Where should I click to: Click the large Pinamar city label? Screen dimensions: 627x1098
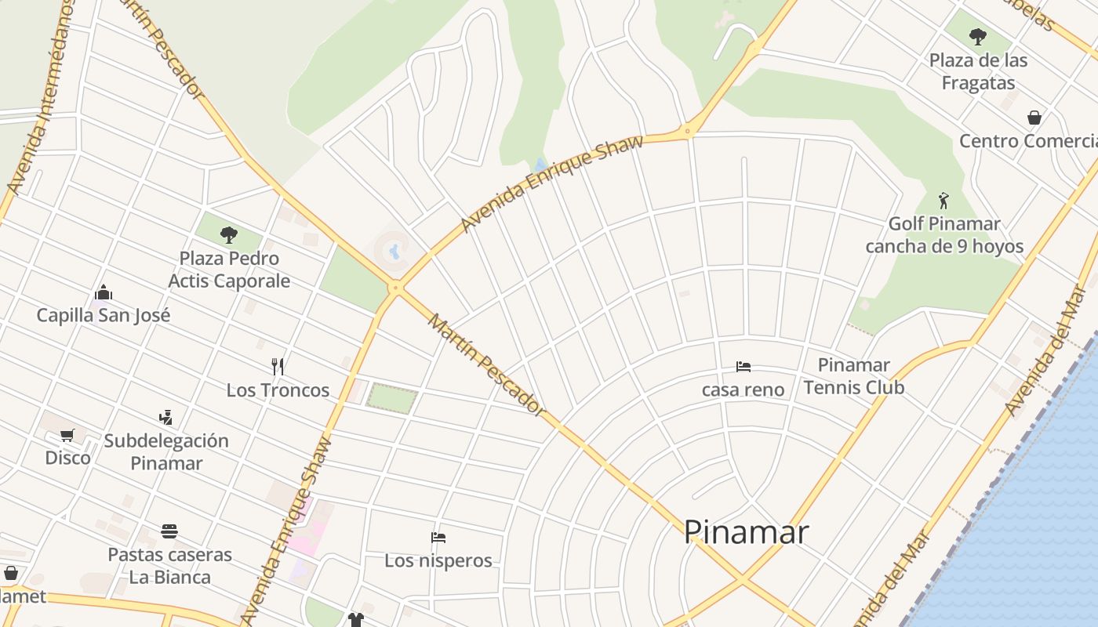[x=746, y=532]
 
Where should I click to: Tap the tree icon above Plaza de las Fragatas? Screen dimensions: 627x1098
[x=977, y=36]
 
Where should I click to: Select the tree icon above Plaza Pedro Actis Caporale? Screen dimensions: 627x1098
[x=229, y=234]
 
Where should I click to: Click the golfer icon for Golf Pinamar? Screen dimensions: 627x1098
[x=943, y=201]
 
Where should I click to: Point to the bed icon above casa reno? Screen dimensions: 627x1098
[x=743, y=366]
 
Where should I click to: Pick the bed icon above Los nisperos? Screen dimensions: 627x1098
[x=438, y=538]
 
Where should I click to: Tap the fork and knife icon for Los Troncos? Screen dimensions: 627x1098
[x=277, y=366]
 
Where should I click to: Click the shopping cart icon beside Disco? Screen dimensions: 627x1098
[x=67, y=435]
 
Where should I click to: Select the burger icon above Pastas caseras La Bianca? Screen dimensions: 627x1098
[x=169, y=531]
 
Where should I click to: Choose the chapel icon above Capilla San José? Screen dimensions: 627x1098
[x=103, y=293]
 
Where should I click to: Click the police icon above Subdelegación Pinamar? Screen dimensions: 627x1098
[x=165, y=417]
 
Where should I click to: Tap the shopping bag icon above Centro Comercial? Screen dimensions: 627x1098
[x=1034, y=118]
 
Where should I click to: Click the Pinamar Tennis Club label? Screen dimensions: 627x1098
[x=853, y=376]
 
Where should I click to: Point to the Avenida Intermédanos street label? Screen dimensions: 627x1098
[x=38, y=98]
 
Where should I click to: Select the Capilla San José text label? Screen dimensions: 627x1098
[x=103, y=316]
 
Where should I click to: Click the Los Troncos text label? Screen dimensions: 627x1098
[x=278, y=390]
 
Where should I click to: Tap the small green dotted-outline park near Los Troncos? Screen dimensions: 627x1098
[x=391, y=398]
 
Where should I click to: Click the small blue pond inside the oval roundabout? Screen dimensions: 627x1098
[x=394, y=252]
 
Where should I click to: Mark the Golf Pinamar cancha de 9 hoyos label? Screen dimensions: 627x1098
[x=944, y=235]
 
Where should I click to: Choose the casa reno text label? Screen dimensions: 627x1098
[x=743, y=390]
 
